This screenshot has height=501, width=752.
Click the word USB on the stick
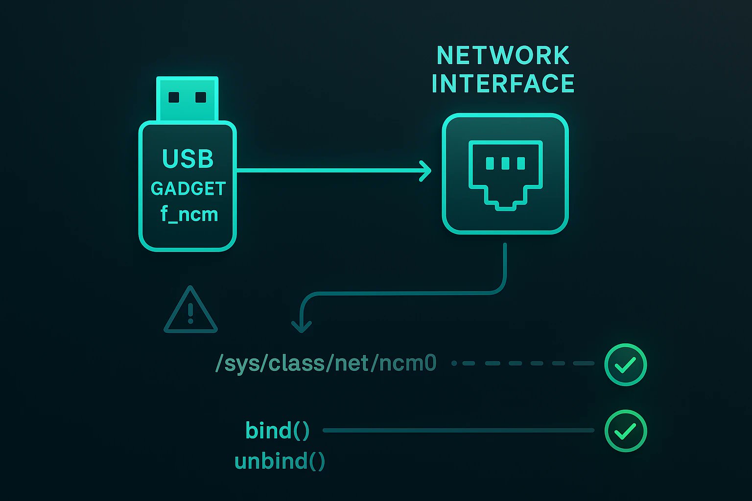188,159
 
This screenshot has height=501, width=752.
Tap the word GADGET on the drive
188,188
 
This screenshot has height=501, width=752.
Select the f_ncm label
189,214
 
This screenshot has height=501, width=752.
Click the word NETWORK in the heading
503,55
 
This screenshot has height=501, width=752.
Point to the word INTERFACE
503,83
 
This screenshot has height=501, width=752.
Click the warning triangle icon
190,311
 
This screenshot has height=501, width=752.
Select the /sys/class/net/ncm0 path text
326,364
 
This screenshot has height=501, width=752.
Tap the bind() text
278,431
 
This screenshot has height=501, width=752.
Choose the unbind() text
280,461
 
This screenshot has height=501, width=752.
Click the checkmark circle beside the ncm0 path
625,364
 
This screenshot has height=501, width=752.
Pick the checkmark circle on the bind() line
625,431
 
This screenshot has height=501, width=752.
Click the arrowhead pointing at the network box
425,170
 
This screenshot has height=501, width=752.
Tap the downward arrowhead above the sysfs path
302,325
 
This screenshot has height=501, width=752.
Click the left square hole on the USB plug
174,97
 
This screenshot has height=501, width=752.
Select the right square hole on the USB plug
201,97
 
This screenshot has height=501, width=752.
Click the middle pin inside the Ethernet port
505,163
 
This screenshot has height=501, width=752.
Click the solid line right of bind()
458,431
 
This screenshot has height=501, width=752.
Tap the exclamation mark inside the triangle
190,313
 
